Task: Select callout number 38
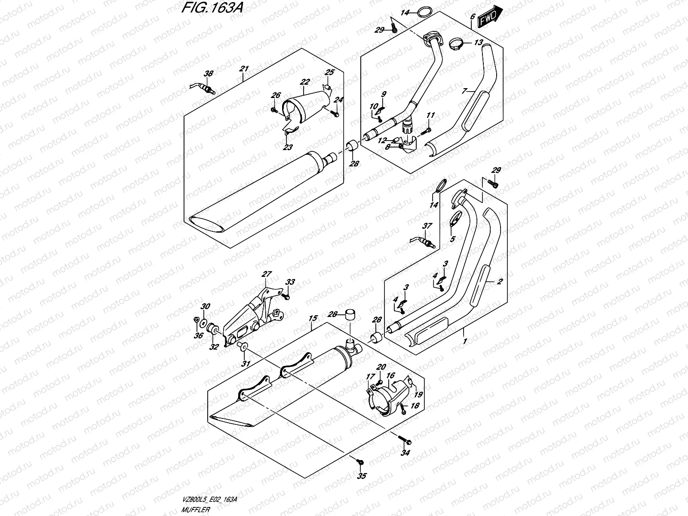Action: [208, 74]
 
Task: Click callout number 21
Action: [244, 69]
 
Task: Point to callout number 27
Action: [267, 274]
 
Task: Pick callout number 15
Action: [313, 318]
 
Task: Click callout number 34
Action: [404, 453]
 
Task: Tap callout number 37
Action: [427, 226]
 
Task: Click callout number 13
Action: [479, 43]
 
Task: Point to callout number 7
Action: [464, 92]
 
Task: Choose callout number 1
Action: [464, 341]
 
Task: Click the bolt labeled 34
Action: [405, 441]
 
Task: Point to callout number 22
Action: [305, 81]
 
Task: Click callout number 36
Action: [198, 336]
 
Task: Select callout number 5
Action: [452, 239]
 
